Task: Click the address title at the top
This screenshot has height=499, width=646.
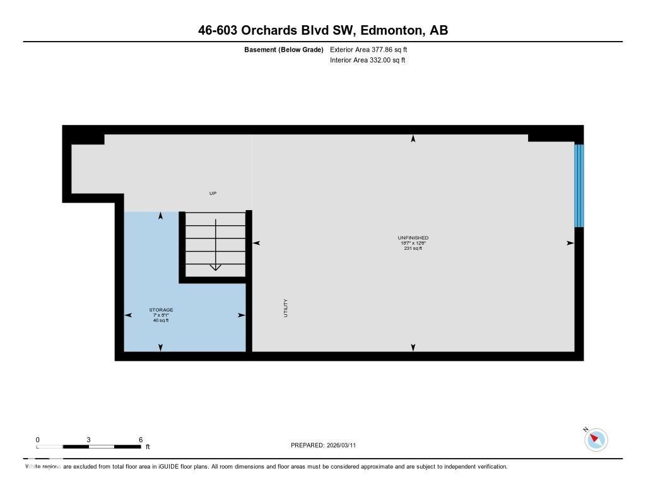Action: pyautogui.click(x=322, y=30)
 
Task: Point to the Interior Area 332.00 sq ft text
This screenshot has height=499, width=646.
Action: pyautogui.click(x=367, y=61)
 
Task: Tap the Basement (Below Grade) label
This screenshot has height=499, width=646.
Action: pyautogui.click(x=283, y=49)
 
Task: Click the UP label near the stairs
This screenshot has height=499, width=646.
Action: pyautogui.click(x=213, y=193)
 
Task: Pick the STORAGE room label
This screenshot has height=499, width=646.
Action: pyautogui.click(x=161, y=310)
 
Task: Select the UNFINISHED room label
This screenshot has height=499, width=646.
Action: pyautogui.click(x=413, y=238)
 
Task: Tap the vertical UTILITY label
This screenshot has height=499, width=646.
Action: pyautogui.click(x=285, y=308)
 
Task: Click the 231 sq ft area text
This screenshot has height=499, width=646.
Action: pyautogui.click(x=413, y=249)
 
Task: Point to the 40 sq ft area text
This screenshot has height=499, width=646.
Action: pyautogui.click(x=161, y=320)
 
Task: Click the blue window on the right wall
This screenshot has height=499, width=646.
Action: pyautogui.click(x=578, y=185)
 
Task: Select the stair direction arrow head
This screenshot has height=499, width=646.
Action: pyautogui.click(x=215, y=267)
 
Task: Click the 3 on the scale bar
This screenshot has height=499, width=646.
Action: pyautogui.click(x=89, y=440)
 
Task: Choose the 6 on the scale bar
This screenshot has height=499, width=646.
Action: pyautogui.click(x=140, y=440)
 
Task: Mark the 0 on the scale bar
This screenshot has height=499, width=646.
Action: pyautogui.click(x=38, y=440)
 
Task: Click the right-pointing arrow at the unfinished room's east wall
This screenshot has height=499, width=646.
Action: pyautogui.click(x=570, y=243)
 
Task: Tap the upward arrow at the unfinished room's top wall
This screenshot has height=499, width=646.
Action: pyautogui.click(x=413, y=139)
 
